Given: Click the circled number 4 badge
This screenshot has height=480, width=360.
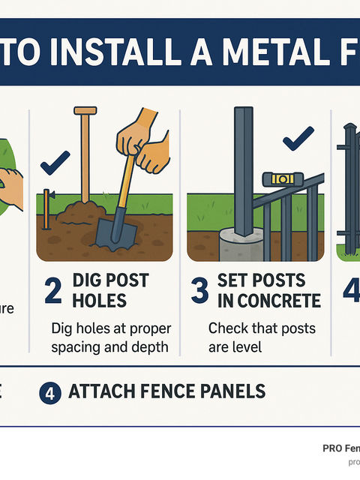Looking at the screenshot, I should coord(49,391).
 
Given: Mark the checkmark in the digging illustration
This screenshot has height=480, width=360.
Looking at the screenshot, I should coord(55,160).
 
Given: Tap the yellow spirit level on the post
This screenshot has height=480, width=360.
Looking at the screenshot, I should coord(283,178).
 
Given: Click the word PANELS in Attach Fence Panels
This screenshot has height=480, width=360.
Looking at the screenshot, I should coord(229,391).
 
